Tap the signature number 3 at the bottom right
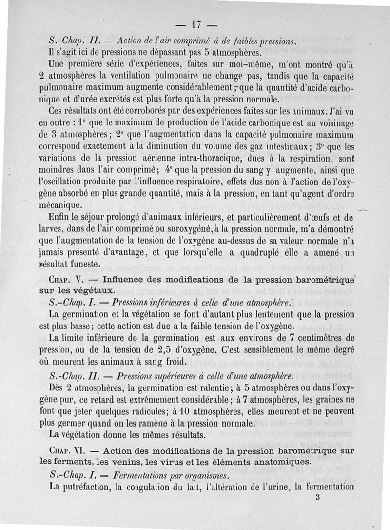pos(317,498)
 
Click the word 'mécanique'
pos(61,205)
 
